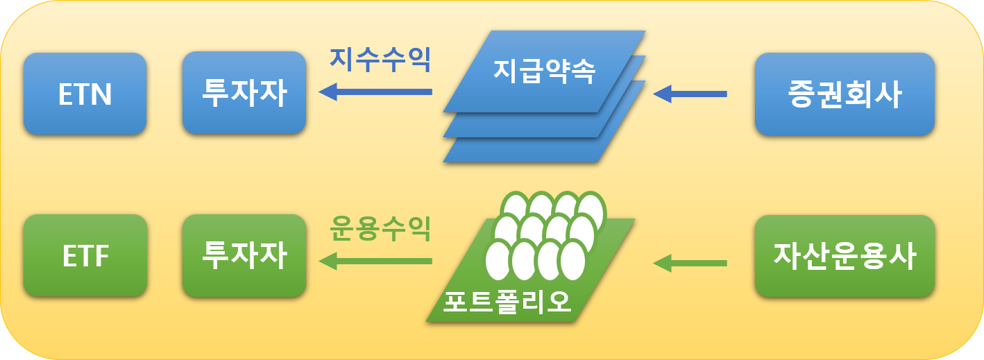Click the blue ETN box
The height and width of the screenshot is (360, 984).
point(85,94)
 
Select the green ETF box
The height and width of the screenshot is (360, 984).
point(85,256)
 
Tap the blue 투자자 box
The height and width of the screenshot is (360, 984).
point(244,94)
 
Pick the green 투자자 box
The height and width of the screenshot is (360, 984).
point(244,256)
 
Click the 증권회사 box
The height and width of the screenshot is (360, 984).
point(845,94)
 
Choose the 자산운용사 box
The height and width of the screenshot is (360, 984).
point(845,256)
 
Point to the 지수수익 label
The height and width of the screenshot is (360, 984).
point(380,60)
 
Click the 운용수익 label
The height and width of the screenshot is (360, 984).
point(380,228)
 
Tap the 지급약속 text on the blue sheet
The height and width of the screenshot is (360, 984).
point(544,71)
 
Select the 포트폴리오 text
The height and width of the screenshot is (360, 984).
point(507,301)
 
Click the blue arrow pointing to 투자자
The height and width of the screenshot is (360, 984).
point(375,92)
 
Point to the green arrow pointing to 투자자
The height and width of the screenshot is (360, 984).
point(375,261)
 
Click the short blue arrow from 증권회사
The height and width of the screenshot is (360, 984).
point(690,93)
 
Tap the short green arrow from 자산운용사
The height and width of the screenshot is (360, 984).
point(690,263)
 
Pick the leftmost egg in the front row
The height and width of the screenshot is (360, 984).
point(498,261)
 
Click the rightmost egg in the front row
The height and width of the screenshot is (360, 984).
point(572,259)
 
